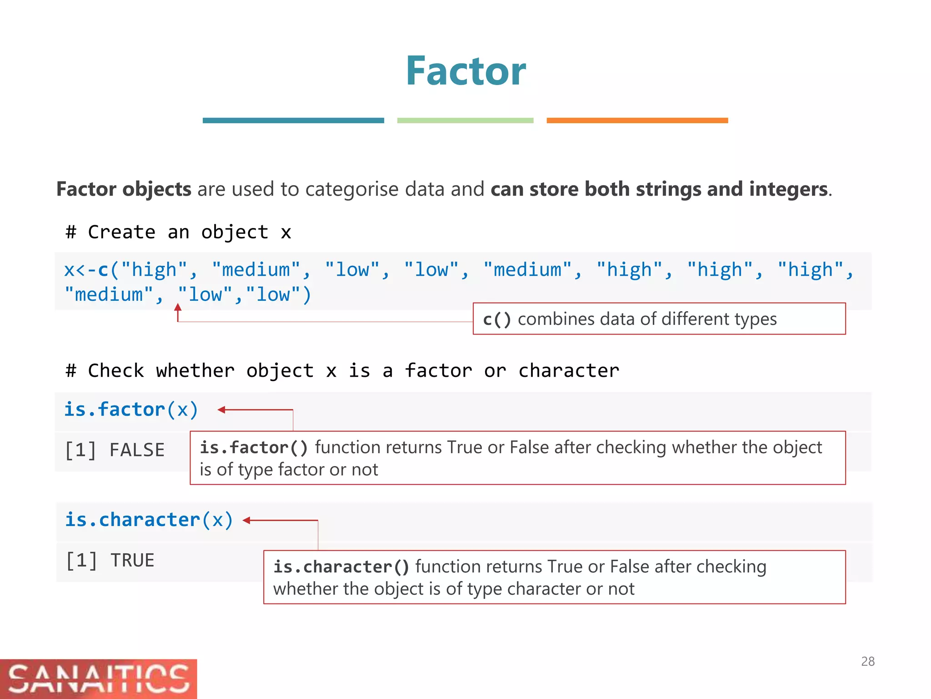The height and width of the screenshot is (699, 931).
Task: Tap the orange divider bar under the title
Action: click(x=637, y=121)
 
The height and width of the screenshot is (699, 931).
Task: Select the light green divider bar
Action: click(x=465, y=121)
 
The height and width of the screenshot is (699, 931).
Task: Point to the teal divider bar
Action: click(x=293, y=121)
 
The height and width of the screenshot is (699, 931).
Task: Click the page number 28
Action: click(x=867, y=661)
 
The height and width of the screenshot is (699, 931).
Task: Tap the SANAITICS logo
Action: click(x=98, y=679)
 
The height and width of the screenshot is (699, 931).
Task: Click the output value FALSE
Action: click(x=137, y=450)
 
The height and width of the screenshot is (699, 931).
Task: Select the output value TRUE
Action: click(x=132, y=560)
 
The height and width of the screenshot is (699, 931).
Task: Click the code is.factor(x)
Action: click(x=131, y=410)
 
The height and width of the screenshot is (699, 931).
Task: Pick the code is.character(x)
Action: click(x=149, y=520)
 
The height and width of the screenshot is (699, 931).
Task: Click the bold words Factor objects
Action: click(x=124, y=189)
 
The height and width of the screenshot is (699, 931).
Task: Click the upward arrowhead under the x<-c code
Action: click(x=178, y=308)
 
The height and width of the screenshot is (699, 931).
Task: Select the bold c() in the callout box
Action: click(x=497, y=319)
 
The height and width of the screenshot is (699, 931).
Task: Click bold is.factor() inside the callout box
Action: click(x=254, y=447)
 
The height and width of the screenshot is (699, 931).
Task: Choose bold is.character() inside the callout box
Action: click(x=341, y=567)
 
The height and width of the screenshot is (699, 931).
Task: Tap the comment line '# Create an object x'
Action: click(x=178, y=232)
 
